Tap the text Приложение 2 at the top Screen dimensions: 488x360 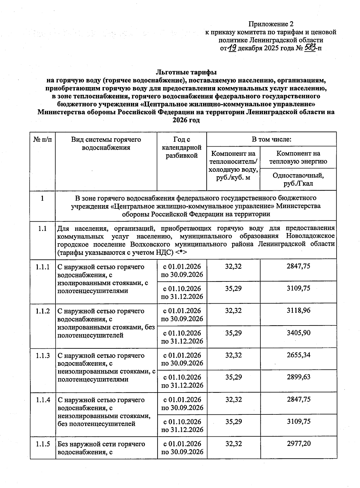[x=271, y=24]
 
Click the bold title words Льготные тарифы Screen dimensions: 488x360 [x=186, y=72]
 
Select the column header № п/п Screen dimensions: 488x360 [x=43, y=140]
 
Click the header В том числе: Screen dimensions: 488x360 [x=271, y=139]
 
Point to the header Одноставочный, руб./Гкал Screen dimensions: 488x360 [x=298, y=179]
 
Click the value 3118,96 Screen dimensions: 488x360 [x=298, y=311]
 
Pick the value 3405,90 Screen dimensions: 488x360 [x=298, y=333]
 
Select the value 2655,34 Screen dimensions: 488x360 [x=298, y=355]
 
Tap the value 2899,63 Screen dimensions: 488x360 [x=298, y=377]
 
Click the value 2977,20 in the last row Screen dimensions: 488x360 [x=298, y=443]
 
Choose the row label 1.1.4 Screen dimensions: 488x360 [x=43, y=400]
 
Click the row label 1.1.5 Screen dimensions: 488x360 [x=43, y=444]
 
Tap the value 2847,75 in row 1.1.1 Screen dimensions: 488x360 [x=298, y=266]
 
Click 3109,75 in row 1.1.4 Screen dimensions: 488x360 [x=298, y=421]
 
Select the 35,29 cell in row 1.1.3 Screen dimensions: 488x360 [x=233, y=377]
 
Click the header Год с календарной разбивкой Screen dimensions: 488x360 [x=182, y=147]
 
